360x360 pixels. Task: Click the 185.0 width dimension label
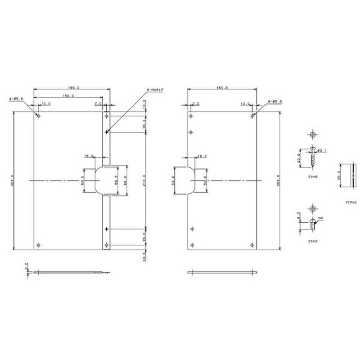(72, 88)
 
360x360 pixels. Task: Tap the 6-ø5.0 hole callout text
(274, 102)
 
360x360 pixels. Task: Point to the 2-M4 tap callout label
(155, 91)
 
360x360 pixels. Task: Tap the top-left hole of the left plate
(38, 116)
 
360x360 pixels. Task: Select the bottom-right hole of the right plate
(252, 245)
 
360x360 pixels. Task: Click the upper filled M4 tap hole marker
(106, 132)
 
